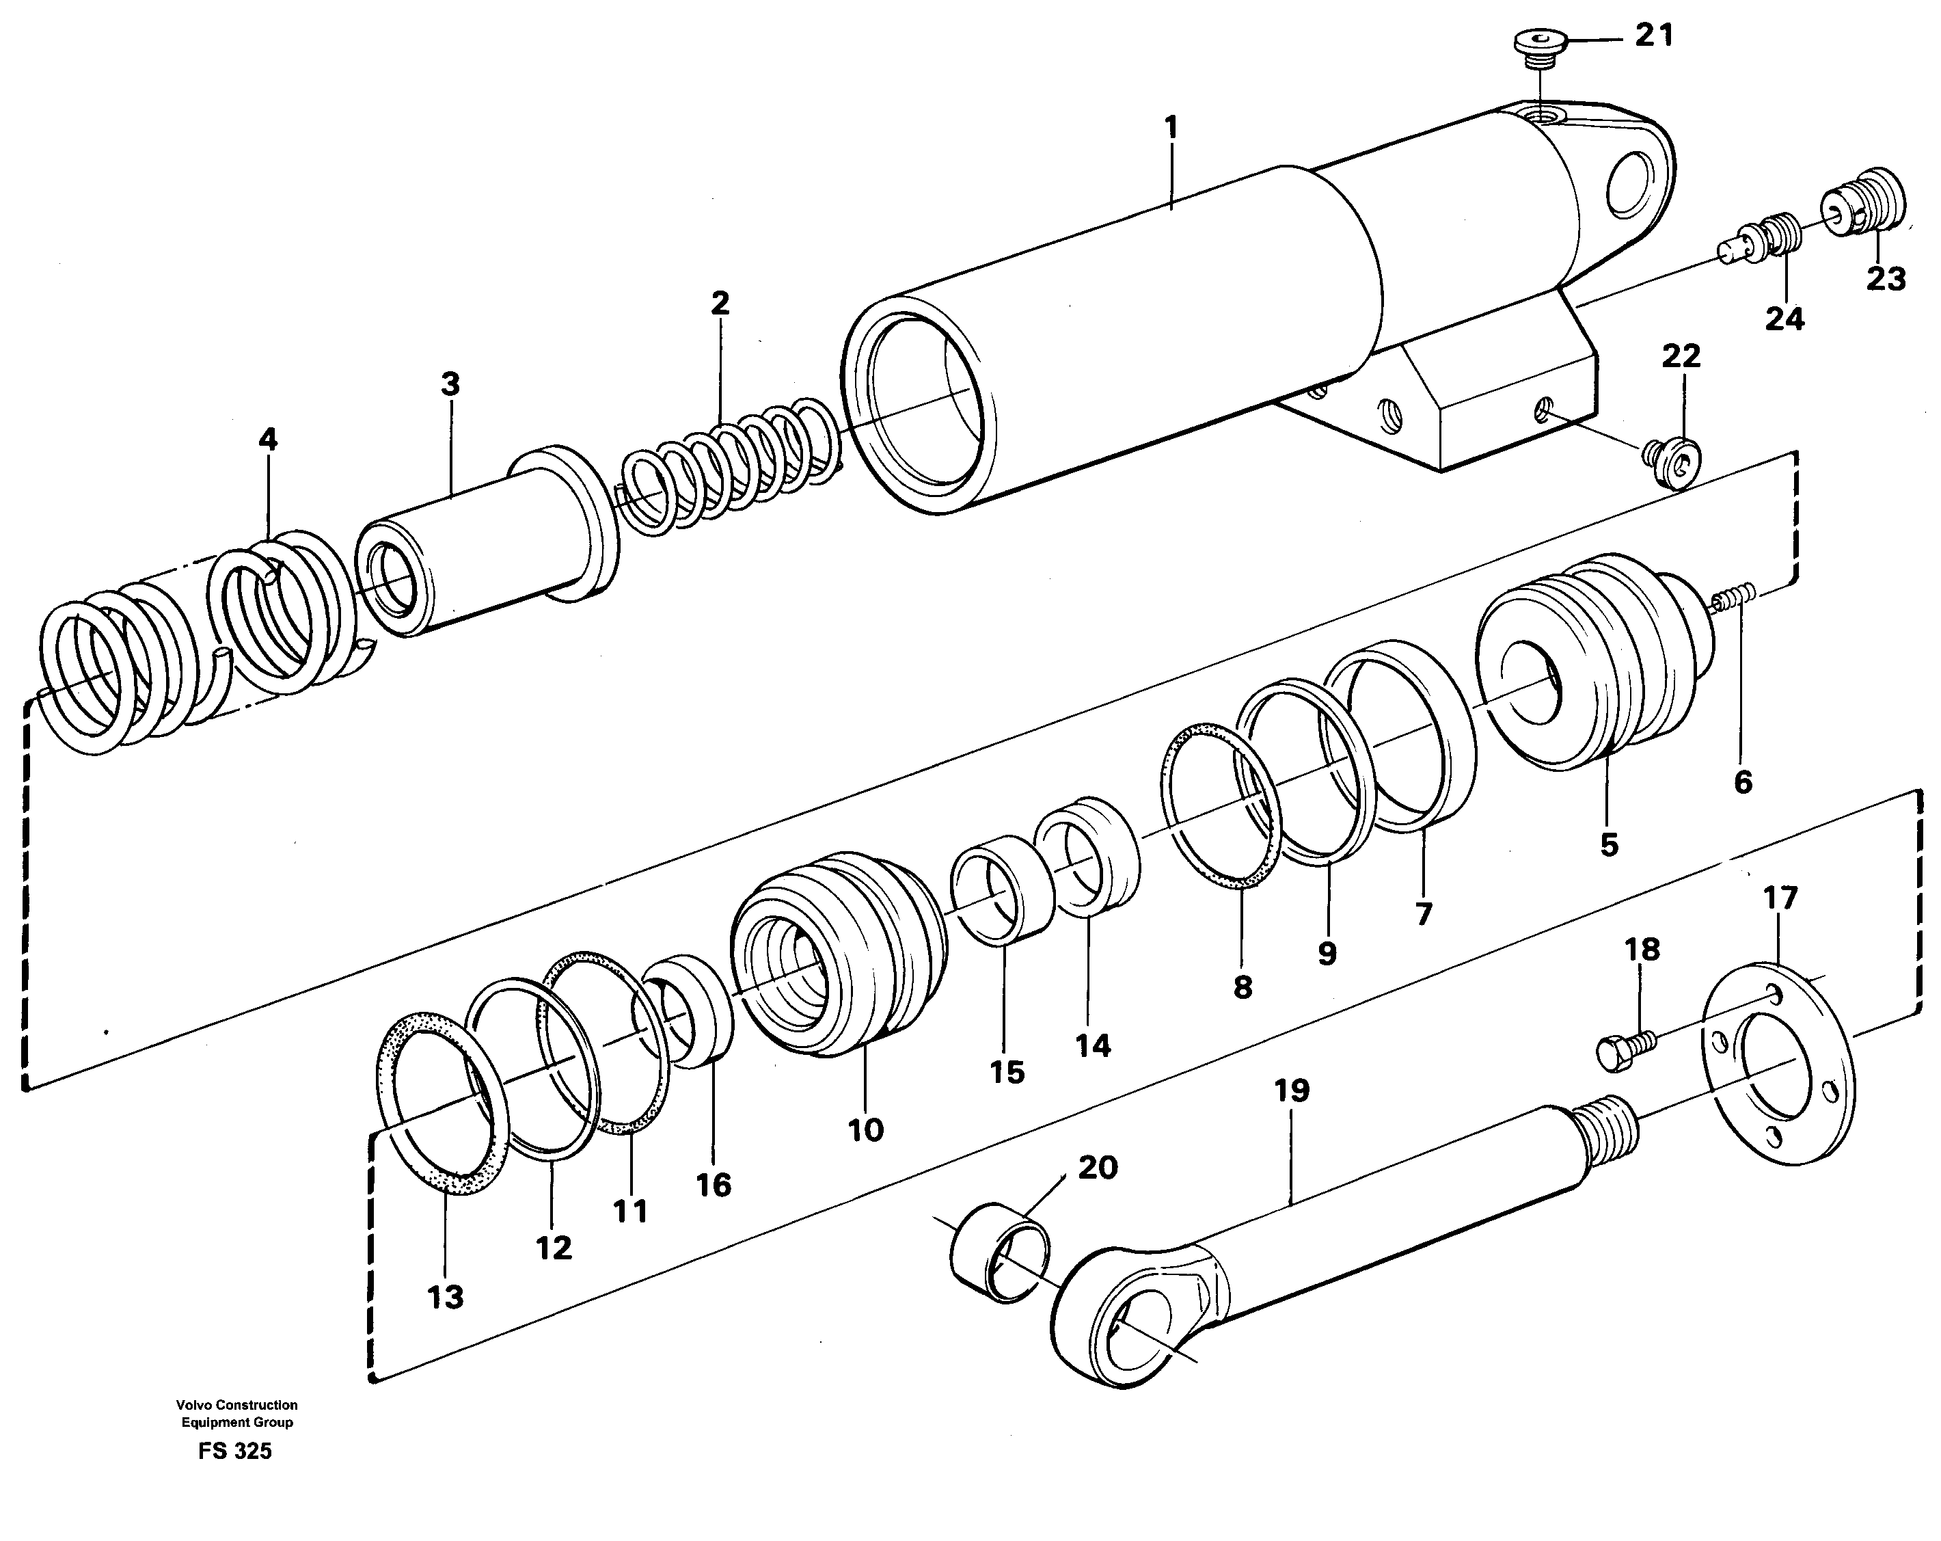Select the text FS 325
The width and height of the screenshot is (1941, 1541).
[236, 1452]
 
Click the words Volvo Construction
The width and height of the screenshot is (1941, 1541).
[236, 1405]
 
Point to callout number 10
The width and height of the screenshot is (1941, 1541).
[865, 1129]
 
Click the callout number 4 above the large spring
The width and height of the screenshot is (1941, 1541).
[269, 440]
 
